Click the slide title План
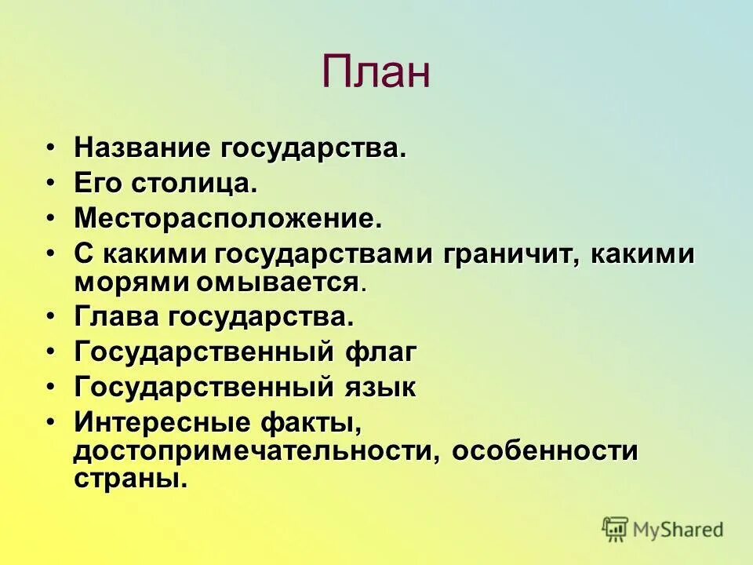coord(376,72)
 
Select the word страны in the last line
coord(131,478)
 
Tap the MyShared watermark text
coord(678,530)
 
